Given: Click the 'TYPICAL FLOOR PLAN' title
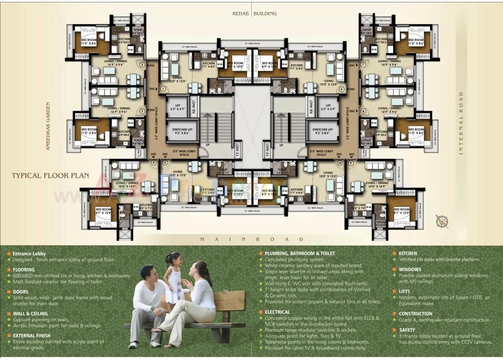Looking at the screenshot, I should [x=50, y=176].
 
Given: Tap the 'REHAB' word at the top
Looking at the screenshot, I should [x=240, y=13].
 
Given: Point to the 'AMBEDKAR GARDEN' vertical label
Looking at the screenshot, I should [x=48, y=127].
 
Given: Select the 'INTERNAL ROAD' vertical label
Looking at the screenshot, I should [x=461, y=123].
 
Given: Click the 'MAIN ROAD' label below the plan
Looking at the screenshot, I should [x=251, y=239].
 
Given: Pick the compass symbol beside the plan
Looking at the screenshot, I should [x=442, y=221].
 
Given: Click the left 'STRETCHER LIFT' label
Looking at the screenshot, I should [x=182, y=132].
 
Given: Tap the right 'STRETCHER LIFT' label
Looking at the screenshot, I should [x=323, y=132].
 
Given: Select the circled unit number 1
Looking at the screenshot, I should [x=162, y=89].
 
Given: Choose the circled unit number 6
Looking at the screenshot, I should [x=341, y=89].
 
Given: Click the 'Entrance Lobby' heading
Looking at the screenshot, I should [x=29, y=254].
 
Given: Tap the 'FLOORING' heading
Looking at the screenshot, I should [x=24, y=270].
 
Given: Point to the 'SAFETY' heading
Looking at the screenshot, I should [x=407, y=330].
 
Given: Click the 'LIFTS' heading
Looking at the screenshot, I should [x=406, y=291].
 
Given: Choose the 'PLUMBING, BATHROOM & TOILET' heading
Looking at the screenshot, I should [x=300, y=253].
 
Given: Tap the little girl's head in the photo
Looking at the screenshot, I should [x=173, y=259].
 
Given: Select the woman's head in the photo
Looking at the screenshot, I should [x=199, y=270].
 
